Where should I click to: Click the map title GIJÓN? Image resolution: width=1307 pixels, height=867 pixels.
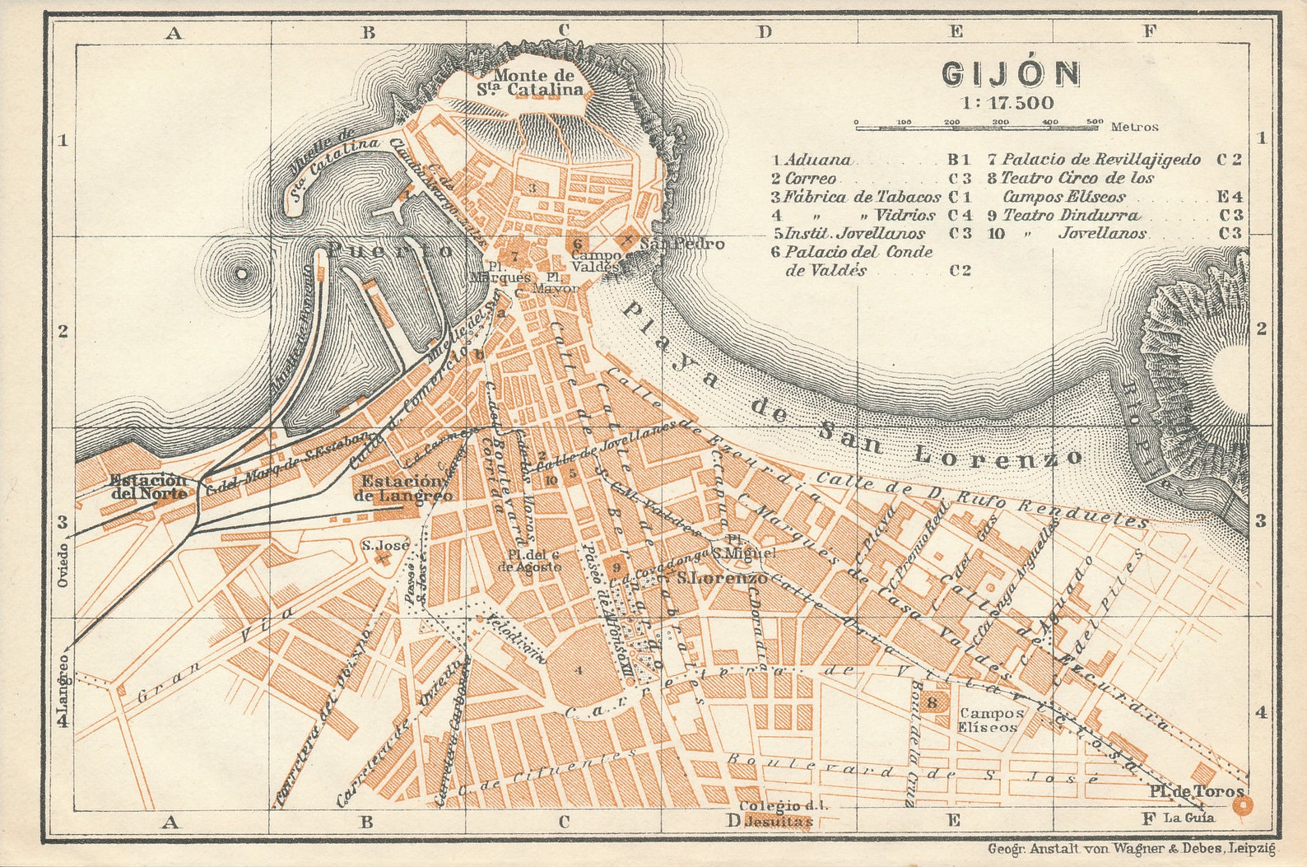[x=1011, y=74]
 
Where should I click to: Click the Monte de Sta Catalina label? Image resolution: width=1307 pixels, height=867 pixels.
[x=533, y=82]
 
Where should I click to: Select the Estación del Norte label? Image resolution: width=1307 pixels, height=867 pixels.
[x=149, y=487]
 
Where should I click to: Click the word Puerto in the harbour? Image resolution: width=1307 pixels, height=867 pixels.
[x=390, y=250]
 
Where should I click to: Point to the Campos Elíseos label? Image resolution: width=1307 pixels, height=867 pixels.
[x=991, y=720]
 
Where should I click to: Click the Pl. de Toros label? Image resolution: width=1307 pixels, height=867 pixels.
[x=1197, y=791]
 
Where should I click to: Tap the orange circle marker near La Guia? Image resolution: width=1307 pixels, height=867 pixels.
[x=1243, y=806]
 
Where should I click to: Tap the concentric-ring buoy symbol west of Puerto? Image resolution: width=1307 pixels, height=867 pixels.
[x=241, y=273]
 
